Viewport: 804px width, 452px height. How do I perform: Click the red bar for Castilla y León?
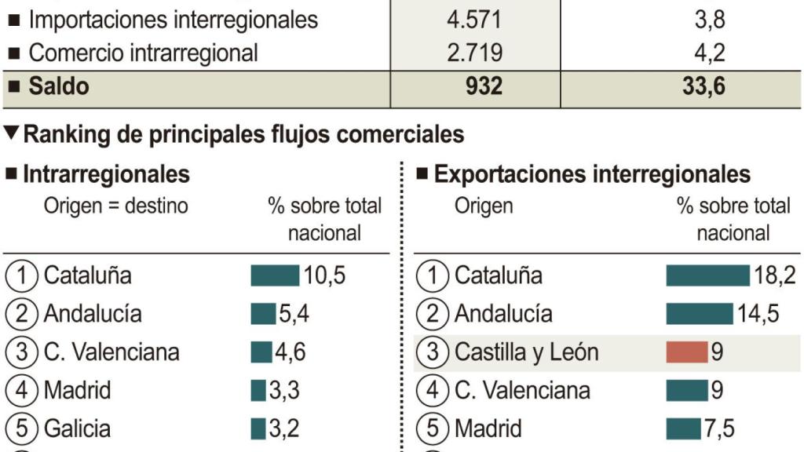coord(687,352)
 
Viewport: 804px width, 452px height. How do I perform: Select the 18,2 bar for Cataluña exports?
coord(707,275)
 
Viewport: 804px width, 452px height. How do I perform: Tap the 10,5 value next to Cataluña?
coord(324,275)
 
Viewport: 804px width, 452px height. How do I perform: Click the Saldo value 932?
coord(484,86)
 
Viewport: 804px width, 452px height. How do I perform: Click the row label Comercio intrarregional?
coord(143,53)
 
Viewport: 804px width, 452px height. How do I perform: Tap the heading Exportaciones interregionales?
coord(592,173)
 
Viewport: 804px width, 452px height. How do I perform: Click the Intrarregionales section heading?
coord(106,173)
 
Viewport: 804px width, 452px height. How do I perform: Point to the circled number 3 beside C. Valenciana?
coord(21,352)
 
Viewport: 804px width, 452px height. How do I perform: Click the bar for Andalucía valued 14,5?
coord(699,314)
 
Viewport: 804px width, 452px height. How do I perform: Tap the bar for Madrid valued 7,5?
coord(682,428)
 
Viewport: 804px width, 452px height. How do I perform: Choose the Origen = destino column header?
coord(115,206)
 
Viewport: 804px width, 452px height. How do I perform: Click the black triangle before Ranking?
coord(11,133)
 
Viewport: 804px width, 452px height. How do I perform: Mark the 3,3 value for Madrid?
coord(284,390)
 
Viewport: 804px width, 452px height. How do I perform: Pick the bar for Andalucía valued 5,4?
coord(263,314)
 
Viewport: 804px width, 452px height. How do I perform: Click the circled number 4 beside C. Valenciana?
coord(431,390)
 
